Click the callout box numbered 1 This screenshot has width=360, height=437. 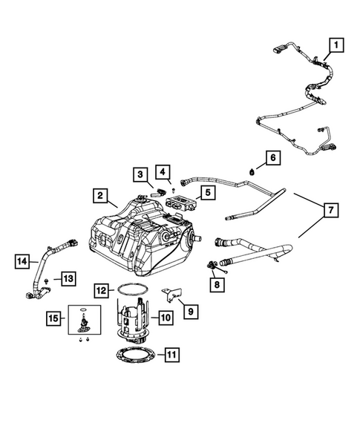click(337, 46)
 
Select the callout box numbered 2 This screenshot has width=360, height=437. click(98, 196)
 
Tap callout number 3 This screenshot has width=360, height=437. click(139, 174)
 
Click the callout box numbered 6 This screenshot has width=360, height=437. click(272, 158)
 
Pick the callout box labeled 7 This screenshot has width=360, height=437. click(327, 211)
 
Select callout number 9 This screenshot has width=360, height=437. click(190, 312)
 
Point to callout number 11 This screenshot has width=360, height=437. click(171, 354)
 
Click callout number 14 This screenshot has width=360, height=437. click(23, 260)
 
